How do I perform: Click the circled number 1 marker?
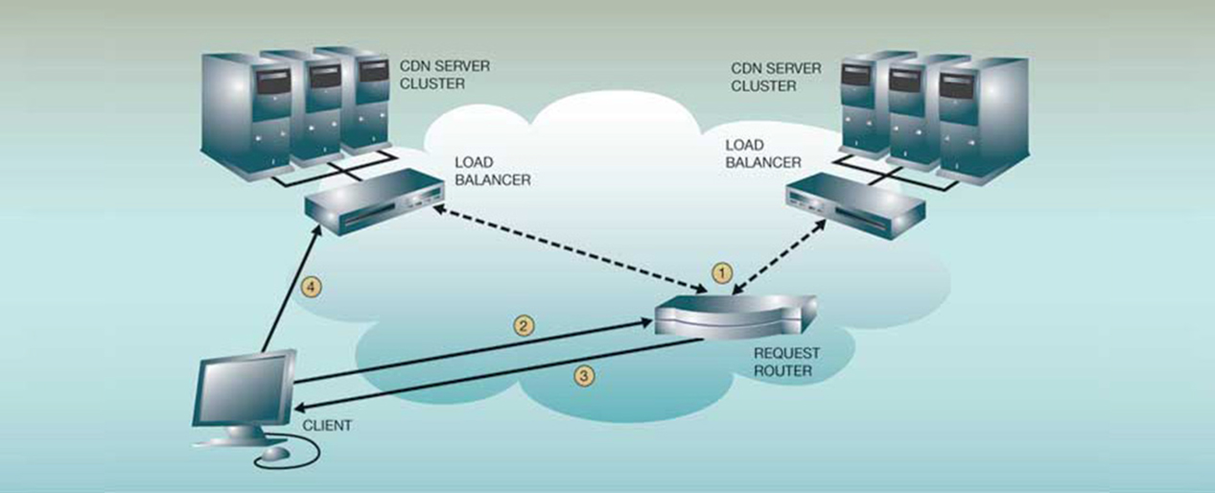click(x=724, y=272)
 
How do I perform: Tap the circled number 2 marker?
click(x=524, y=326)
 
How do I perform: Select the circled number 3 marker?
click(x=583, y=376)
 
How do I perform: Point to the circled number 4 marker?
click(x=308, y=285)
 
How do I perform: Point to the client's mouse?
click(x=275, y=452)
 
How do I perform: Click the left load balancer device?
click(x=373, y=203)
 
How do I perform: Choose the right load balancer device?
click(x=853, y=204)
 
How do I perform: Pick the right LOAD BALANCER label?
click(x=757, y=153)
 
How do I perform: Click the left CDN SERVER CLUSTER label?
click(x=432, y=76)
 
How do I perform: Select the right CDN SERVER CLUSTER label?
click(x=776, y=77)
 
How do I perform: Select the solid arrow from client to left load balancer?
click(x=287, y=293)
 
